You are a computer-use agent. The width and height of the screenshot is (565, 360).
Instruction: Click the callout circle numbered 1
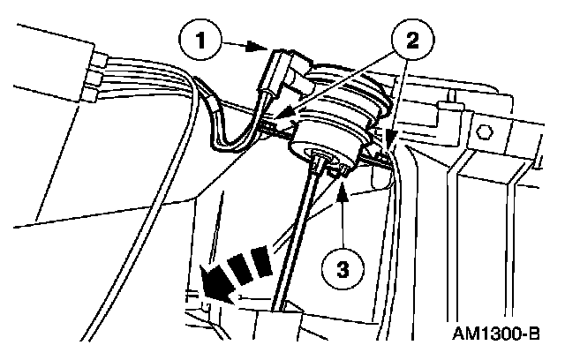[x=205, y=41]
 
